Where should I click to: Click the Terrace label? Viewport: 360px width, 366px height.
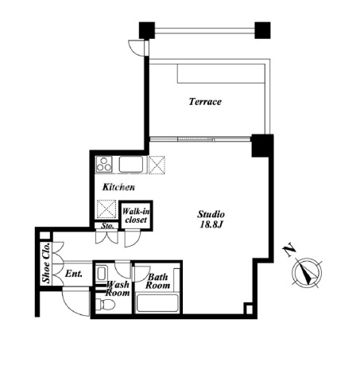[205, 102]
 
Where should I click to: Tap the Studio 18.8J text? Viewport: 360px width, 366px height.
[211, 219]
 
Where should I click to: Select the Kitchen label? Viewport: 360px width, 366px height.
[118, 187]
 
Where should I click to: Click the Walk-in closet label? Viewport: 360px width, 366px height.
[136, 216]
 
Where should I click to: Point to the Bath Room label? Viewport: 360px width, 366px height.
[157, 281]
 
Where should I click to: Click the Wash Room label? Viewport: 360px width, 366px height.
[118, 289]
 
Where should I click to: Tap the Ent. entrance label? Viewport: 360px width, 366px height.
[74, 274]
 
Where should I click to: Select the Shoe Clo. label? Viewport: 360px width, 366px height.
[46, 263]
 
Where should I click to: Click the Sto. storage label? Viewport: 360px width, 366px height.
[108, 226]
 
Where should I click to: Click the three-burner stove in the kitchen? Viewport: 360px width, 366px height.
[104, 164]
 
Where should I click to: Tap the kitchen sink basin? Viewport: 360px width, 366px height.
[131, 164]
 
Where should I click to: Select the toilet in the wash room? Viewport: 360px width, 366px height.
[105, 305]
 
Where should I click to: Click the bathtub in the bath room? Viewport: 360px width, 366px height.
[157, 303]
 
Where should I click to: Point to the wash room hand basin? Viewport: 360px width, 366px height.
[102, 274]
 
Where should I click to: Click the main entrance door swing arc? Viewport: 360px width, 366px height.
[72, 308]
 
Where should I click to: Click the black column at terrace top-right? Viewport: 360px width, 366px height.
[262, 30]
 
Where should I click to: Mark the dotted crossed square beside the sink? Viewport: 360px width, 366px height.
[157, 165]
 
